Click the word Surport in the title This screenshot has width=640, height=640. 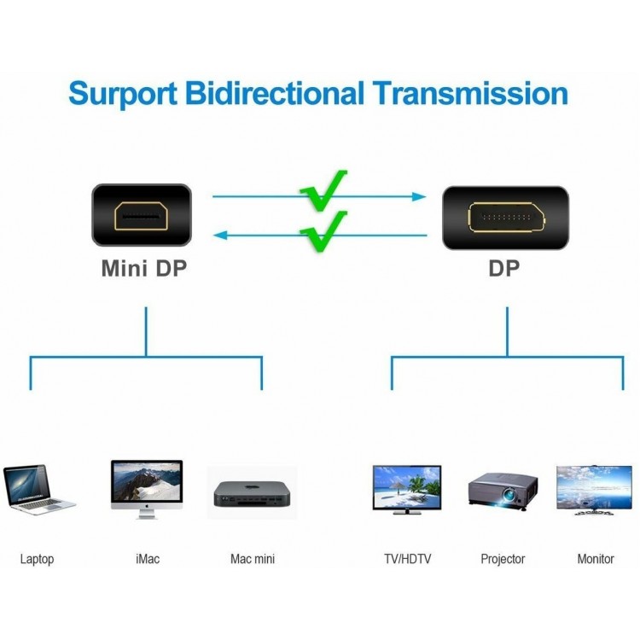[x=123, y=94]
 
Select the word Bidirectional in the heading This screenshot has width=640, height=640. [x=274, y=93]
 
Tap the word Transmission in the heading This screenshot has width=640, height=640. [x=470, y=93]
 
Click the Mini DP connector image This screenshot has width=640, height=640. [x=142, y=215]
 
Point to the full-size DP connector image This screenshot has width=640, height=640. [x=506, y=218]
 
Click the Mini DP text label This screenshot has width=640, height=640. [x=143, y=269]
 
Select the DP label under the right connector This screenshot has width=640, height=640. [x=504, y=269]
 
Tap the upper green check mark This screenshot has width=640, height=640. [x=323, y=190]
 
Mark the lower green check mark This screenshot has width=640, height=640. [x=323, y=231]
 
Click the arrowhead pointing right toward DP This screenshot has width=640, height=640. [x=419, y=197]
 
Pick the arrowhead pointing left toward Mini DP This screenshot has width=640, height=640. [x=220, y=236]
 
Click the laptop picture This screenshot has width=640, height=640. [x=39, y=490]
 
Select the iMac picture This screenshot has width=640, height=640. [x=147, y=490]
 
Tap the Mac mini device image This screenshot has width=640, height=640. [x=252, y=493]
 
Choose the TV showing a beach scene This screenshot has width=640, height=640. [x=407, y=490]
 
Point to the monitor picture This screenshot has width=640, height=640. [x=594, y=490]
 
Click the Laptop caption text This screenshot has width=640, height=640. [x=38, y=559]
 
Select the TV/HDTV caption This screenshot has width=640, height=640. [x=407, y=558]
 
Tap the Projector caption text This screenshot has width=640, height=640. [x=503, y=559]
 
